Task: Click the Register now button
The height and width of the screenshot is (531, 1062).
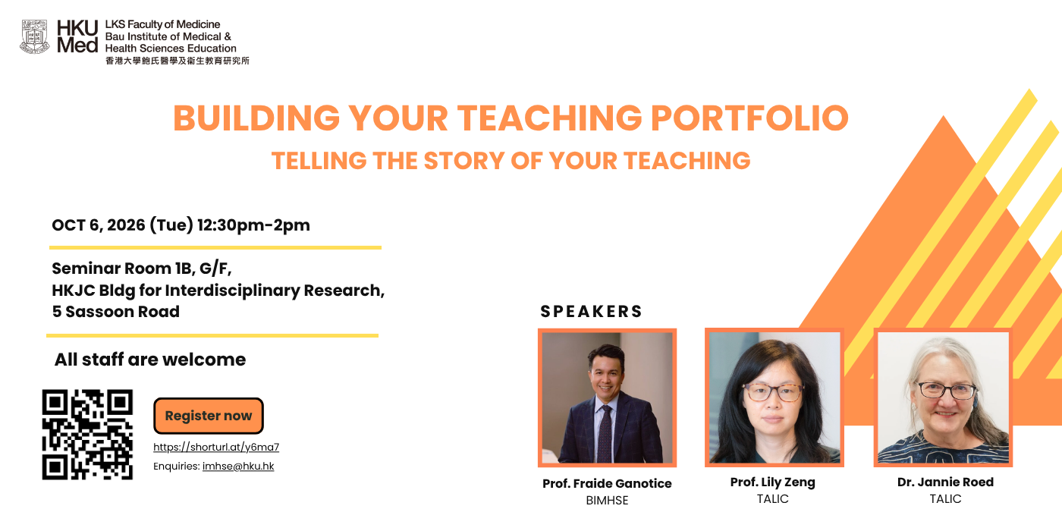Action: pyautogui.click(x=208, y=416)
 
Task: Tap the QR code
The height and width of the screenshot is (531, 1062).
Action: pyautogui.click(x=87, y=434)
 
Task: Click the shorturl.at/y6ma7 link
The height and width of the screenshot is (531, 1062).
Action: pyautogui.click(x=216, y=447)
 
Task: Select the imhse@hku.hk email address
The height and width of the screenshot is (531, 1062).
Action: pyautogui.click(x=238, y=466)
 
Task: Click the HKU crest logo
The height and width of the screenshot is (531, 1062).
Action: pyautogui.click(x=35, y=36)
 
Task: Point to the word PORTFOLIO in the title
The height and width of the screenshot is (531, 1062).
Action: pyautogui.click(x=749, y=118)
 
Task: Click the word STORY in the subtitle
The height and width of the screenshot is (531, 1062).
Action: pyautogui.click(x=464, y=161)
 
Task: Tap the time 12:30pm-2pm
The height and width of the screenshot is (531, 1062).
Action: pyautogui.click(x=253, y=225)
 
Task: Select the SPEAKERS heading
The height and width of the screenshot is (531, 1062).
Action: pyautogui.click(x=591, y=312)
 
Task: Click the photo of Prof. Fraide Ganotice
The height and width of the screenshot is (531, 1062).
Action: pyautogui.click(x=608, y=397)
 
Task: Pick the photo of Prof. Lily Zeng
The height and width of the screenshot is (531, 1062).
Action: pyautogui.click(x=775, y=397)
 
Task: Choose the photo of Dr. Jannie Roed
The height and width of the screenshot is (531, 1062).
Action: pyautogui.click(x=943, y=397)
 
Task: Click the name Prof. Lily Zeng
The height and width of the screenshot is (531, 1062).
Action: pyautogui.click(x=773, y=482)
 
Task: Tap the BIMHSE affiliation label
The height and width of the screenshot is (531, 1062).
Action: pyautogui.click(x=607, y=500)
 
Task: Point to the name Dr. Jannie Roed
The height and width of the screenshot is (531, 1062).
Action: pyautogui.click(x=945, y=482)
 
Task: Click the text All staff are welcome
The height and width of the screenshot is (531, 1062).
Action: pyautogui.click(x=150, y=360)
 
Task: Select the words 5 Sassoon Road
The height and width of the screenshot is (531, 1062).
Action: pyautogui.click(x=115, y=312)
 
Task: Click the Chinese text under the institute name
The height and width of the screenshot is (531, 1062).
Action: pyautogui.click(x=178, y=61)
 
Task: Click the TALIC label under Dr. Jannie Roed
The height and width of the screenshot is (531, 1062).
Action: pyautogui.click(x=945, y=499)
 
